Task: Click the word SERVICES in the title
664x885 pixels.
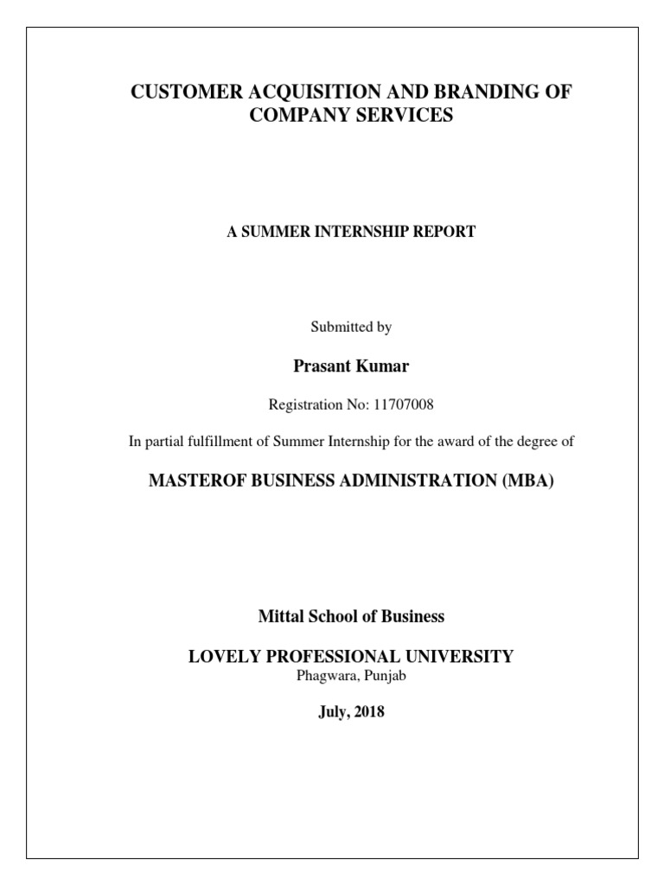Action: pos(403,115)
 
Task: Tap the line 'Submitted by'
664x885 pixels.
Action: pos(350,328)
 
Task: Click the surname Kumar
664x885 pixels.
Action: pos(385,366)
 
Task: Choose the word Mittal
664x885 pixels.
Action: pos(279,617)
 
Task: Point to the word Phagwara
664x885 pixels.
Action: pos(322,676)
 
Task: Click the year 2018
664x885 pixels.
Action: pos(367,714)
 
